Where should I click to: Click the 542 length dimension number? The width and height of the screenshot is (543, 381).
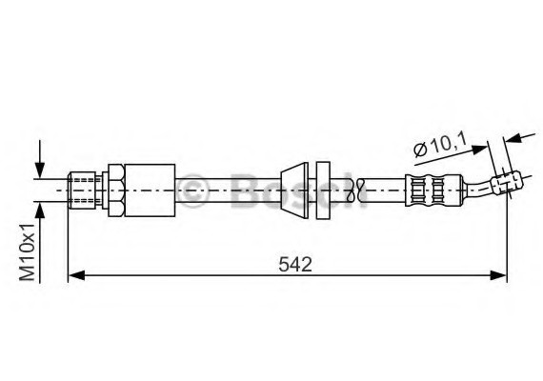[295, 265]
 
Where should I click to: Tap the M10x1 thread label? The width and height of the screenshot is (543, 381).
[28, 251]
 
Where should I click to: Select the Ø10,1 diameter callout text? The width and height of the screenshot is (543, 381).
[440, 146]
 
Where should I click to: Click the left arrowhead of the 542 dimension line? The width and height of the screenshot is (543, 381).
[76, 275]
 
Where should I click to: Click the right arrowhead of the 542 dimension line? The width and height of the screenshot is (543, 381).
[498, 275]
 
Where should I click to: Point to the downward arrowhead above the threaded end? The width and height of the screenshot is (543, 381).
[40, 170]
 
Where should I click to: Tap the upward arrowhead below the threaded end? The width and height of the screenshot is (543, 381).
[40, 210]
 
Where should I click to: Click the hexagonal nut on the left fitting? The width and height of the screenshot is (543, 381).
[115, 190]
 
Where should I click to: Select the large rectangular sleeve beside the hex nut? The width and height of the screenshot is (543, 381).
[150, 190]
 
